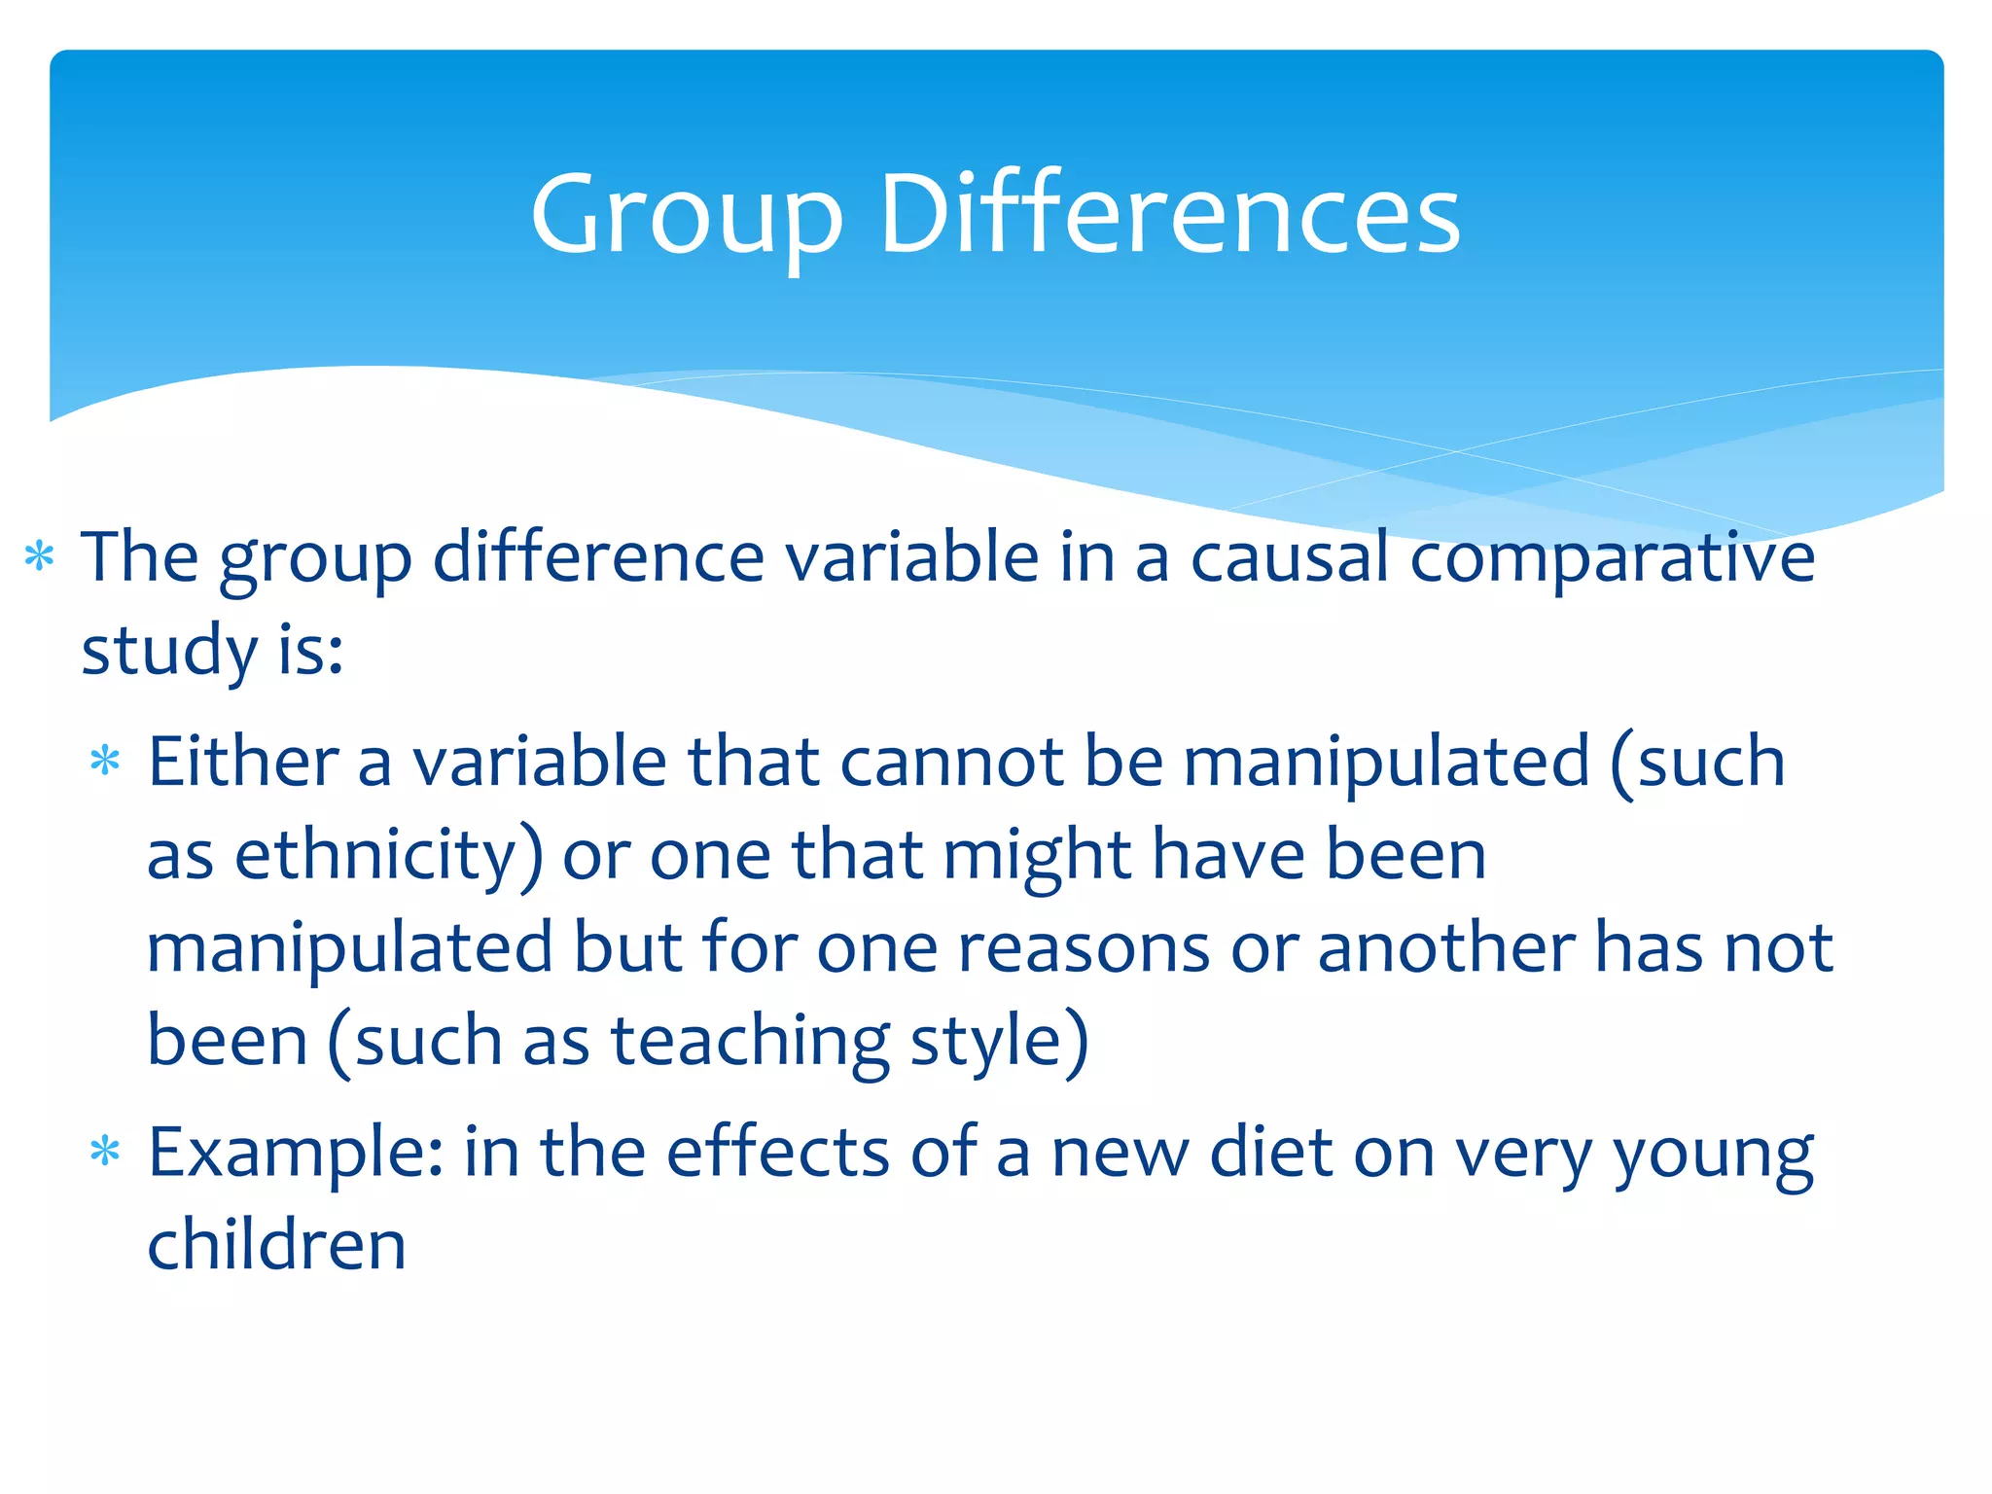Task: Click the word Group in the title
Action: pyautogui.click(x=686, y=216)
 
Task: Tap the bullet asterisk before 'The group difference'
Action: pyautogui.click(x=39, y=557)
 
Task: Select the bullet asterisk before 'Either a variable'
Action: pyautogui.click(x=104, y=761)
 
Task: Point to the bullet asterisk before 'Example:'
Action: pyautogui.click(x=104, y=1153)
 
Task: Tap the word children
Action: pyautogui.click(x=276, y=1245)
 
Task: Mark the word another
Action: pyautogui.click(x=1445, y=948)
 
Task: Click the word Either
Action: pyautogui.click(x=243, y=762)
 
